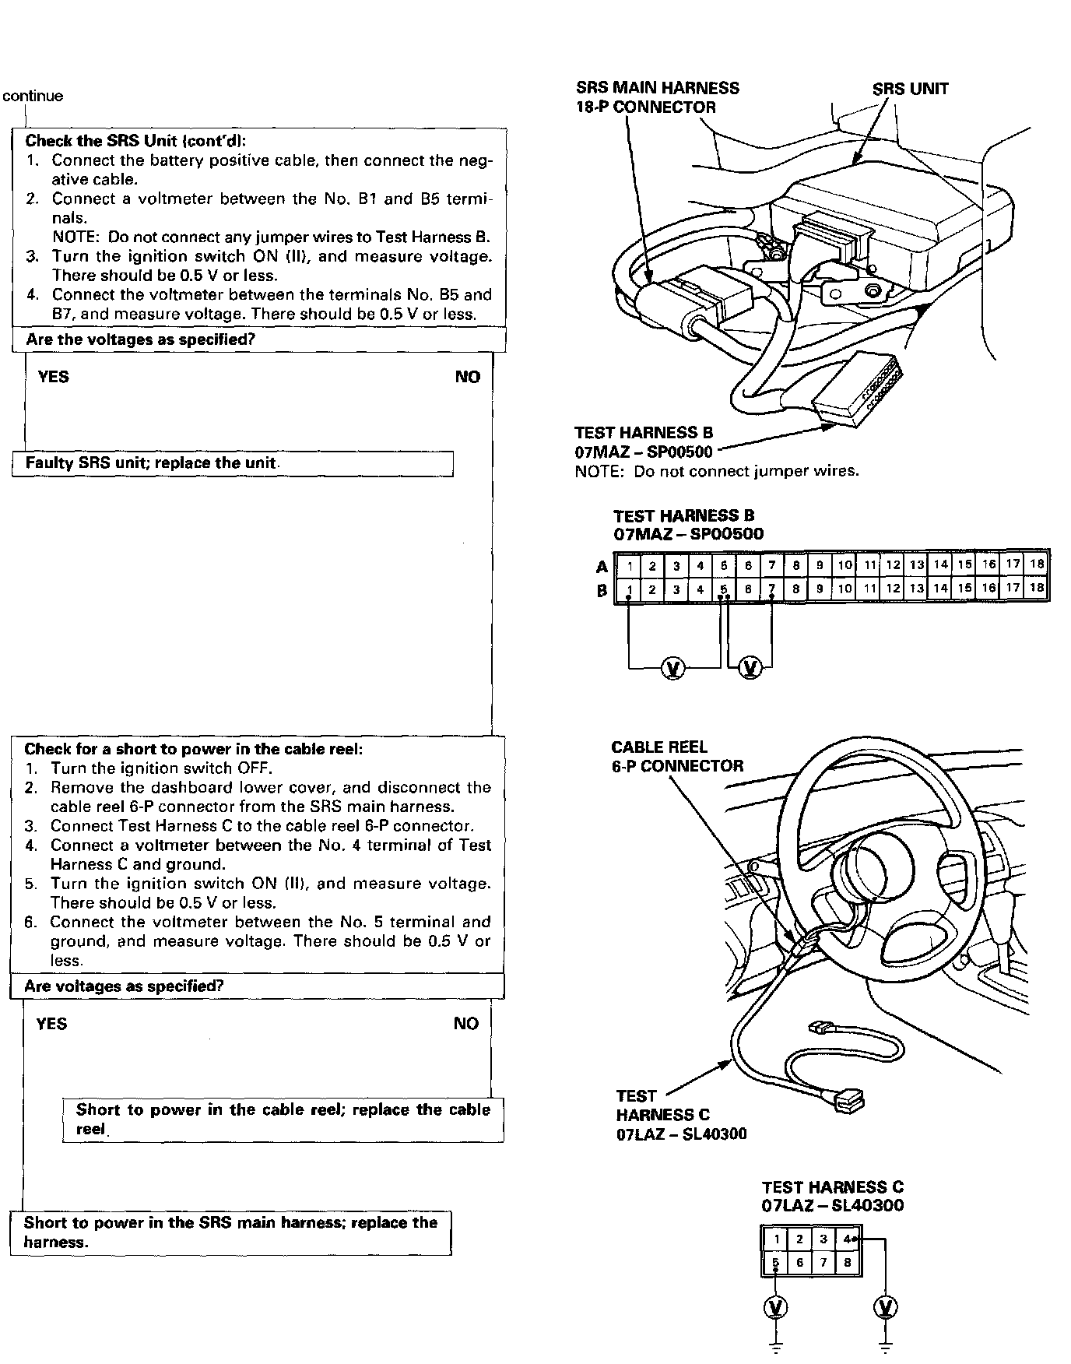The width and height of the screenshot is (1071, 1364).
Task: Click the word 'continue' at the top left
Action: click(x=33, y=97)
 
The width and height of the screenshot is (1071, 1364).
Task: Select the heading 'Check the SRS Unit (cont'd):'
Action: click(x=135, y=141)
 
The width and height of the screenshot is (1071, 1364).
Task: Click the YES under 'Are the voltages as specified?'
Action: click(x=53, y=377)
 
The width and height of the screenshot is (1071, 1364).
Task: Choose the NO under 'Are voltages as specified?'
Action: click(x=465, y=1024)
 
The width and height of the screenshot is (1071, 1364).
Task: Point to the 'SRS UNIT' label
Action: click(x=910, y=89)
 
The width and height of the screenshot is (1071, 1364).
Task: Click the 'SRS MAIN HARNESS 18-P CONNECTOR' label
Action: click(x=657, y=97)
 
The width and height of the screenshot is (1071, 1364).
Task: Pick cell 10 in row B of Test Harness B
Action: click(x=845, y=589)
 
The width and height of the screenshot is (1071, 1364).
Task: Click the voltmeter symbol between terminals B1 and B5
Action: click(x=673, y=668)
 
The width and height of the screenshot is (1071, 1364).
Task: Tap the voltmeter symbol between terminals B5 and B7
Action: click(x=750, y=668)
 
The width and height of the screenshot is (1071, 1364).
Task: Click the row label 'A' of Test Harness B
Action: click(x=602, y=567)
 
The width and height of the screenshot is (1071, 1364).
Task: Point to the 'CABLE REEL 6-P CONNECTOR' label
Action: click(x=676, y=757)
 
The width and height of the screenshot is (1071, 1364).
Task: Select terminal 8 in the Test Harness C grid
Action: click(x=848, y=1263)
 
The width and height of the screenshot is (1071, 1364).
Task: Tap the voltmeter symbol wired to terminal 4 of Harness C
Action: click(x=885, y=1307)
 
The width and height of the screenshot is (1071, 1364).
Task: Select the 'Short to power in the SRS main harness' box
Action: click(x=230, y=1232)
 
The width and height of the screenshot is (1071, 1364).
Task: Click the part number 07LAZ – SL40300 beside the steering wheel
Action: click(x=681, y=1134)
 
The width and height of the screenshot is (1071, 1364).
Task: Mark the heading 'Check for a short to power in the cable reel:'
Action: click(x=194, y=749)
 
